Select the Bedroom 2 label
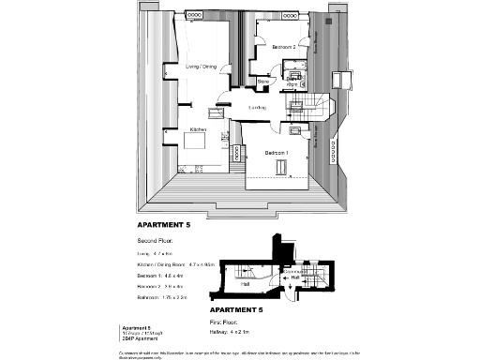coord(283,46)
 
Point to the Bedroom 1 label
coord(276,152)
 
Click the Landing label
coord(256,108)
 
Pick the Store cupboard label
coord(263,82)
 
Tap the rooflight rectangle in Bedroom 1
coord(280,167)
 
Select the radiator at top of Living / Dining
coord(198,15)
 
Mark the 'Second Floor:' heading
coord(157,241)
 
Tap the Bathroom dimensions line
coord(165,296)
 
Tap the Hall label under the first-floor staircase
coord(246,283)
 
